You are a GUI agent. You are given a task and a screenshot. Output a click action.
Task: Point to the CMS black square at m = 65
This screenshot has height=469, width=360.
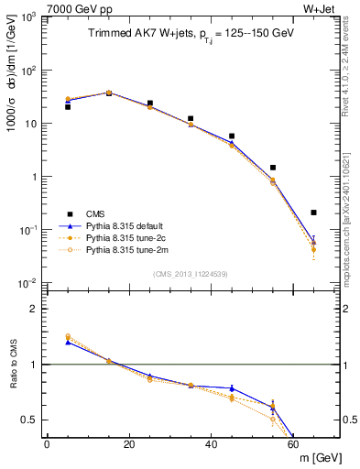[x=313, y=213]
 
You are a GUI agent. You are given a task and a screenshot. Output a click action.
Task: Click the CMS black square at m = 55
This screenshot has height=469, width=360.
[x=273, y=168]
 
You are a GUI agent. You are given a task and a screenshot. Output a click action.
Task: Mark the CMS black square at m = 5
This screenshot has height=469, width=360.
[x=68, y=107]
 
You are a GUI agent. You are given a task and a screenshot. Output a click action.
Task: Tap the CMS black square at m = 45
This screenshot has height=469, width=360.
[x=232, y=136]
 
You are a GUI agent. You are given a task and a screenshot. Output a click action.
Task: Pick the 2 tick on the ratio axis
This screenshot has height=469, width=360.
[x=38, y=309]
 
